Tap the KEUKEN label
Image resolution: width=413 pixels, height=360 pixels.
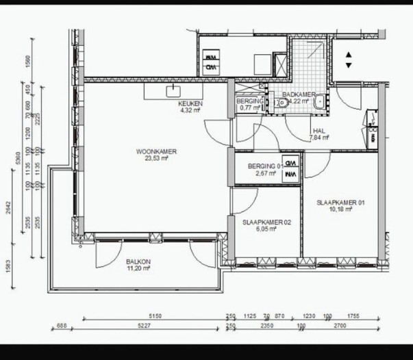coord(187,103)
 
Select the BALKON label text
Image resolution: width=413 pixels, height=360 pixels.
coord(138,262)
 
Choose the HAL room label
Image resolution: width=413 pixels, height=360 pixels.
coord(318,131)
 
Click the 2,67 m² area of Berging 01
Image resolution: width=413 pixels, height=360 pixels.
coord(265,174)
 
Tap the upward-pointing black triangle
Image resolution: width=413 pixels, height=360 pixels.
coord(349,55)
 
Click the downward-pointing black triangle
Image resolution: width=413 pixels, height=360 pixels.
coord(349,65)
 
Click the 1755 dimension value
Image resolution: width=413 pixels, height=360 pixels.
coord(353,316)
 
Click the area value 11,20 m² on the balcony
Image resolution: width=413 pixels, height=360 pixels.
coord(138,269)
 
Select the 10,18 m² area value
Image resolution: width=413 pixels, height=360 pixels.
coord(340,209)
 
